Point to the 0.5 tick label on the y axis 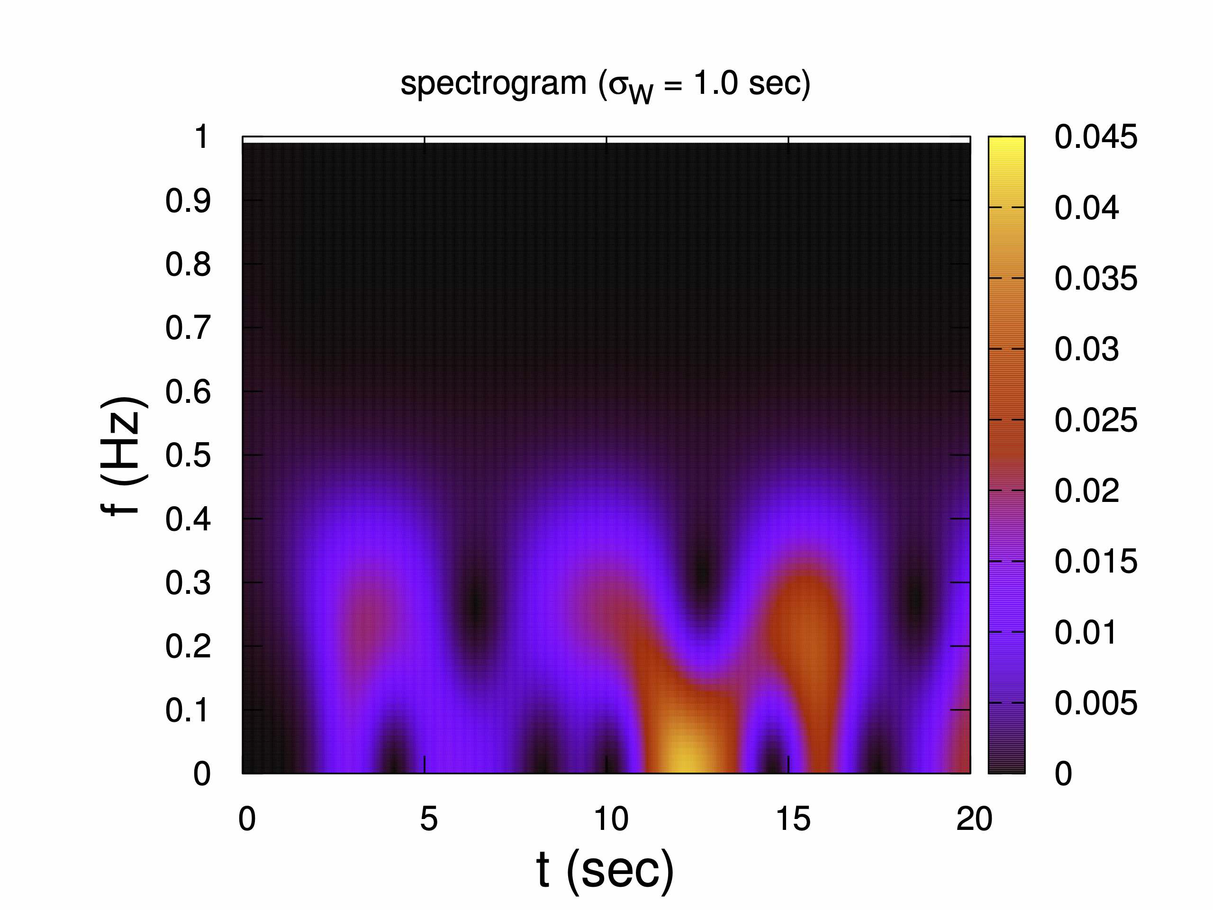pos(188,455)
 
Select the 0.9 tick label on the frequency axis pos(188,201)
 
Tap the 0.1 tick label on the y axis pos(188,710)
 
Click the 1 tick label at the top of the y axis pos(201,136)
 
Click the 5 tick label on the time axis pos(429,819)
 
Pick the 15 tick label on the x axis pos(792,819)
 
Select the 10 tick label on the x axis pos(610,819)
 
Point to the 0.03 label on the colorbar pos(1086,349)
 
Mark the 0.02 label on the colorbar pos(1086,491)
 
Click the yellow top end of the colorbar pos(1006,144)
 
